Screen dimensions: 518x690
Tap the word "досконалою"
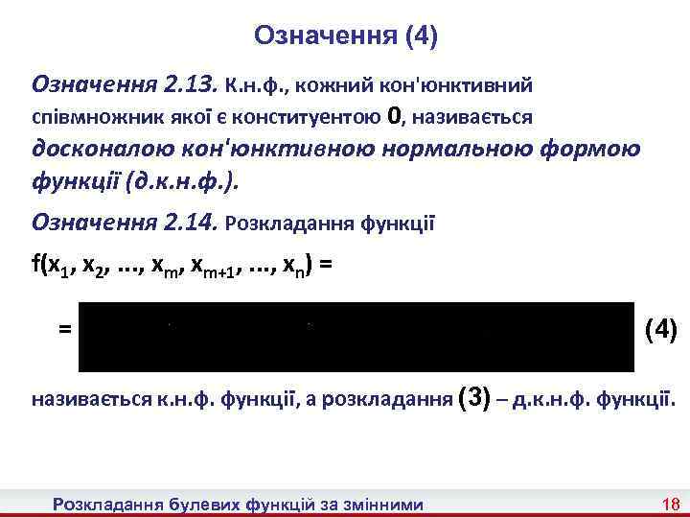(x=104, y=152)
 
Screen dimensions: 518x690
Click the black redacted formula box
(x=356, y=336)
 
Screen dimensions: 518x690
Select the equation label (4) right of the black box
(x=661, y=330)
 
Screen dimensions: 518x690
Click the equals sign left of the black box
(x=65, y=329)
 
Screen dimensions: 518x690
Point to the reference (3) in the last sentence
(x=480, y=398)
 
